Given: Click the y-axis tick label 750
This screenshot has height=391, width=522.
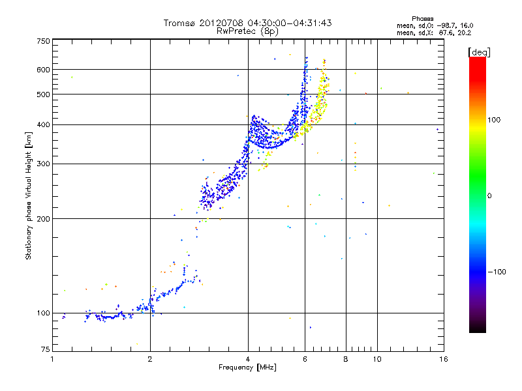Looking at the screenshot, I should click(x=43, y=41).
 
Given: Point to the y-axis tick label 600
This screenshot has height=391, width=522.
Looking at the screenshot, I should click(x=43, y=70).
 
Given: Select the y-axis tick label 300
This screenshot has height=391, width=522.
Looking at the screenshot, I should click(x=43, y=164).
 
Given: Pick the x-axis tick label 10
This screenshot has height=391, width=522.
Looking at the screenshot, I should click(x=376, y=359).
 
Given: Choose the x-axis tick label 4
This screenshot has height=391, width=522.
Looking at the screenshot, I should click(x=248, y=359).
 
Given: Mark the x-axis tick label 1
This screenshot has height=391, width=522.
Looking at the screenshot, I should click(x=52, y=359).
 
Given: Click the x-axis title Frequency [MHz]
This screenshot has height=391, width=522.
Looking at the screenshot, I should click(x=247, y=368).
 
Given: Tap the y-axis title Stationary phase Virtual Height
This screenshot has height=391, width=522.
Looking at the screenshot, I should click(x=29, y=195).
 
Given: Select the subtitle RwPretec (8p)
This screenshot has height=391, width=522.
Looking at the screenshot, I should click(x=247, y=31).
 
